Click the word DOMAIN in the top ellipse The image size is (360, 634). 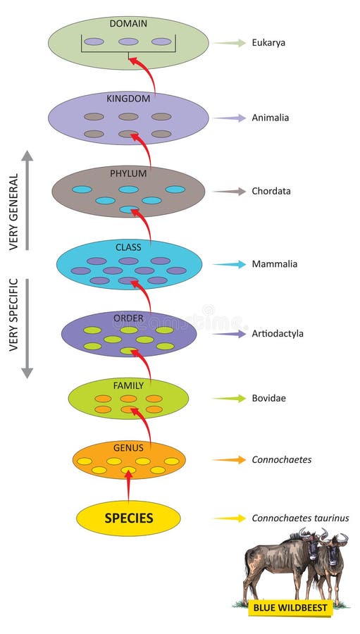tap(128, 24)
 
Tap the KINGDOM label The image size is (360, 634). tap(128, 99)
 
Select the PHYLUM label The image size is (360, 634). tap(128, 173)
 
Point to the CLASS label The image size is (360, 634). tap(128, 247)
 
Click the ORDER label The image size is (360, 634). tap(128, 318)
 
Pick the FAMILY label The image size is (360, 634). tap(128, 385)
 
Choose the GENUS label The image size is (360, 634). tap(128, 447)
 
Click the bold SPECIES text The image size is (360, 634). tap(129, 518)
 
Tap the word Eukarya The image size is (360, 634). tap(268, 43)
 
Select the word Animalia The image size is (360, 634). tap(270, 118)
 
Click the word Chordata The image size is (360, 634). tap(271, 191)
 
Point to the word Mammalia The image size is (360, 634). tap(274, 264)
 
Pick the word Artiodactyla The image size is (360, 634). tap(278, 333)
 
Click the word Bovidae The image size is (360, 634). tap(269, 399)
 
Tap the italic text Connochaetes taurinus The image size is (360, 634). tap(300, 518)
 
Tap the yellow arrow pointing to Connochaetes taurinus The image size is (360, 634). tap(230, 518)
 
